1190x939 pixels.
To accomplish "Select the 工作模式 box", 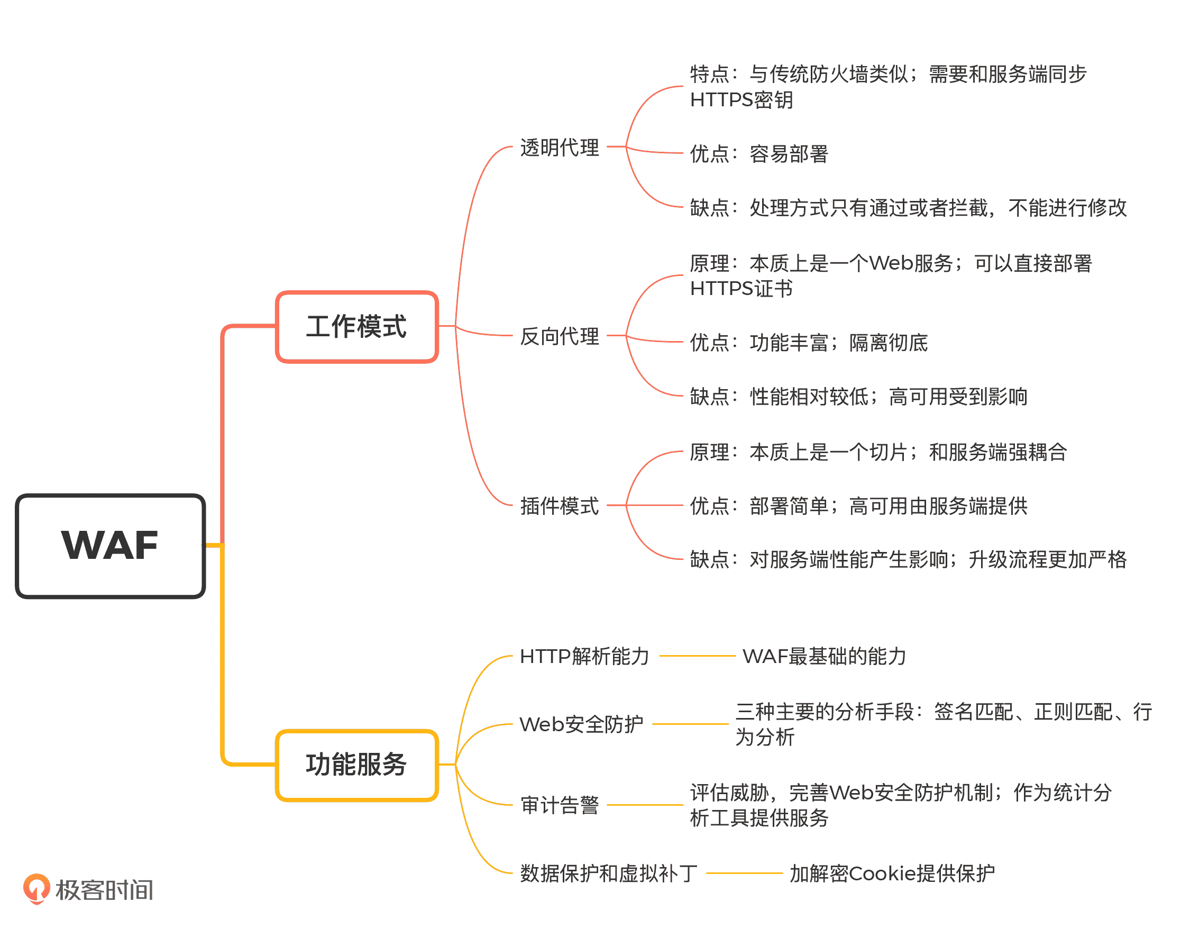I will (x=356, y=327).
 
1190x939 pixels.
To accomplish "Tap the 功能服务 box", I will (x=356, y=765).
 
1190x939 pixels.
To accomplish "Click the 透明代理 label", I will (x=559, y=148).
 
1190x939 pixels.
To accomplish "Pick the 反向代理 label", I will (x=559, y=336).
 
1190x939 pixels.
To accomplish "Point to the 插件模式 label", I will (x=559, y=506).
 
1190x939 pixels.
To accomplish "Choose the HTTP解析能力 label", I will (x=584, y=656).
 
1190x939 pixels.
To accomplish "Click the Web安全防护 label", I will (x=581, y=724).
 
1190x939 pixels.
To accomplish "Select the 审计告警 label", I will (x=559, y=805).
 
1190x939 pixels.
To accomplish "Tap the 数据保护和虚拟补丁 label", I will (x=609, y=873).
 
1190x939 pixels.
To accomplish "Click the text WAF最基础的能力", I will (x=824, y=656).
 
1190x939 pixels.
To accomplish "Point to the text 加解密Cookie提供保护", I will (x=891, y=873).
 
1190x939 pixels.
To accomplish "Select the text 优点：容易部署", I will (x=759, y=154).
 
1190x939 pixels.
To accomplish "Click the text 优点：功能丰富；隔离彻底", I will (x=808, y=343).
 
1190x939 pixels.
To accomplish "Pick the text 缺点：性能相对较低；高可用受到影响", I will (x=858, y=397).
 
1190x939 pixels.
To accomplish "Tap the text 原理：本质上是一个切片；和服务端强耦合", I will (x=878, y=452).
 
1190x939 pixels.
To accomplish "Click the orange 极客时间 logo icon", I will (x=36, y=888).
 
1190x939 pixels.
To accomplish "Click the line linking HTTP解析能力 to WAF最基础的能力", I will (x=697, y=656).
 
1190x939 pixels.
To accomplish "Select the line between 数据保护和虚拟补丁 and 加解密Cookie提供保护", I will (x=744, y=873).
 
